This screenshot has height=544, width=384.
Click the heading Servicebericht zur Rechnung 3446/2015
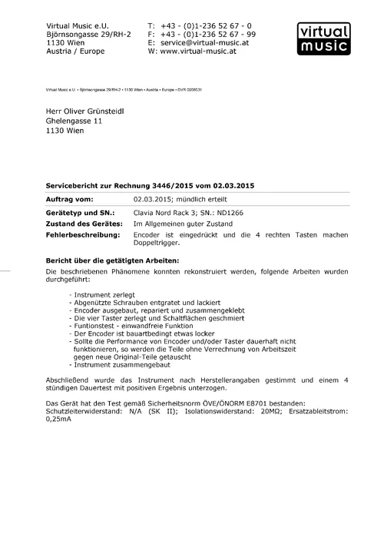click(151, 187)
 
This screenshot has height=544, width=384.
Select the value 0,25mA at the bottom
click(59, 420)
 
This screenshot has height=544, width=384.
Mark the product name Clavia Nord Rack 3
click(170, 212)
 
